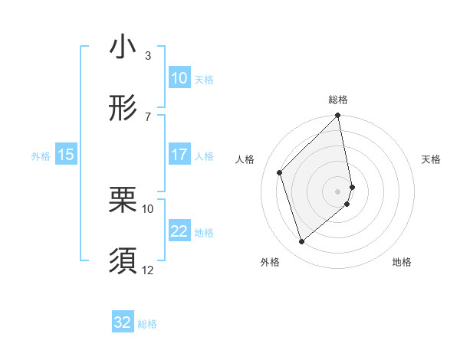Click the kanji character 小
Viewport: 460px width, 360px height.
(123, 47)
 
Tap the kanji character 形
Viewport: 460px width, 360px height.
(123, 109)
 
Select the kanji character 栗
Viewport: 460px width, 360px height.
(123, 201)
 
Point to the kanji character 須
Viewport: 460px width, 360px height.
(123, 262)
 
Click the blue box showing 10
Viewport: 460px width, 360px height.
(179, 78)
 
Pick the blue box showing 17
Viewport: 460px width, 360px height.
(179, 155)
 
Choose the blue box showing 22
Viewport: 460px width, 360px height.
(179, 231)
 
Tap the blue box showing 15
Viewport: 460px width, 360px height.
(66, 155)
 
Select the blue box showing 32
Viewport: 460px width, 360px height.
(123, 322)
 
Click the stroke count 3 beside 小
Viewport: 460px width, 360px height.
(148, 55)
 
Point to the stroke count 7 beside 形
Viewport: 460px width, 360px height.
(148, 116)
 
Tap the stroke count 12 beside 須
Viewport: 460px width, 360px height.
(148, 270)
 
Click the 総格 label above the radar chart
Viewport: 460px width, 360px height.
(338, 100)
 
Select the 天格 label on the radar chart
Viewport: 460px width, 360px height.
(432, 159)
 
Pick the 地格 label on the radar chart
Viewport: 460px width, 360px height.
(402, 262)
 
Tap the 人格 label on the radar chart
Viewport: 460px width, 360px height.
(245, 159)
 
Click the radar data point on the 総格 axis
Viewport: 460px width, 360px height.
(338, 116)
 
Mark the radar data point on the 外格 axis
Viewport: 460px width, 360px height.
(302, 241)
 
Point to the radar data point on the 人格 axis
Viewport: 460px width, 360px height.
(280, 172)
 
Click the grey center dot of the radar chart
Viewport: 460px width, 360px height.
(338, 191)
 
